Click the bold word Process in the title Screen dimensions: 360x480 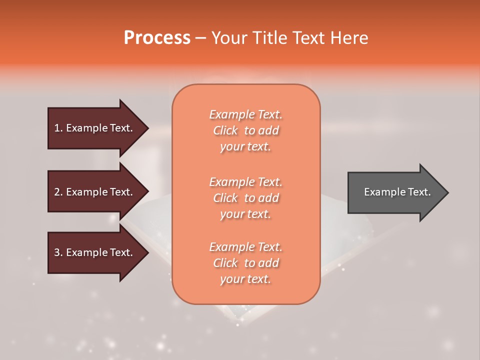(x=157, y=38)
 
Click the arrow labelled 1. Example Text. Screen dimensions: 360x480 (x=95, y=128)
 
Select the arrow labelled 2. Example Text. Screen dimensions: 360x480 (x=95, y=192)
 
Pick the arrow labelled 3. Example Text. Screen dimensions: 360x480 (x=95, y=252)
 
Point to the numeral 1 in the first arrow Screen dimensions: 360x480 (x=56, y=128)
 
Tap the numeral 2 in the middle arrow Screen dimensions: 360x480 (x=57, y=192)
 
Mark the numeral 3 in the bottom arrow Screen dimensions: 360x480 (x=57, y=252)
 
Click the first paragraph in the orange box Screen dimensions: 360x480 (x=246, y=130)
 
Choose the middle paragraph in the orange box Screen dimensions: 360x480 (x=246, y=198)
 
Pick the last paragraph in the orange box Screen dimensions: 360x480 (x=246, y=263)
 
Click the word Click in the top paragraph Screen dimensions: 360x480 (x=225, y=130)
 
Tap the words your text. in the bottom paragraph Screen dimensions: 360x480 (x=245, y=279)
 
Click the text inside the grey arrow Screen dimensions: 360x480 (x=397, y=192)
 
